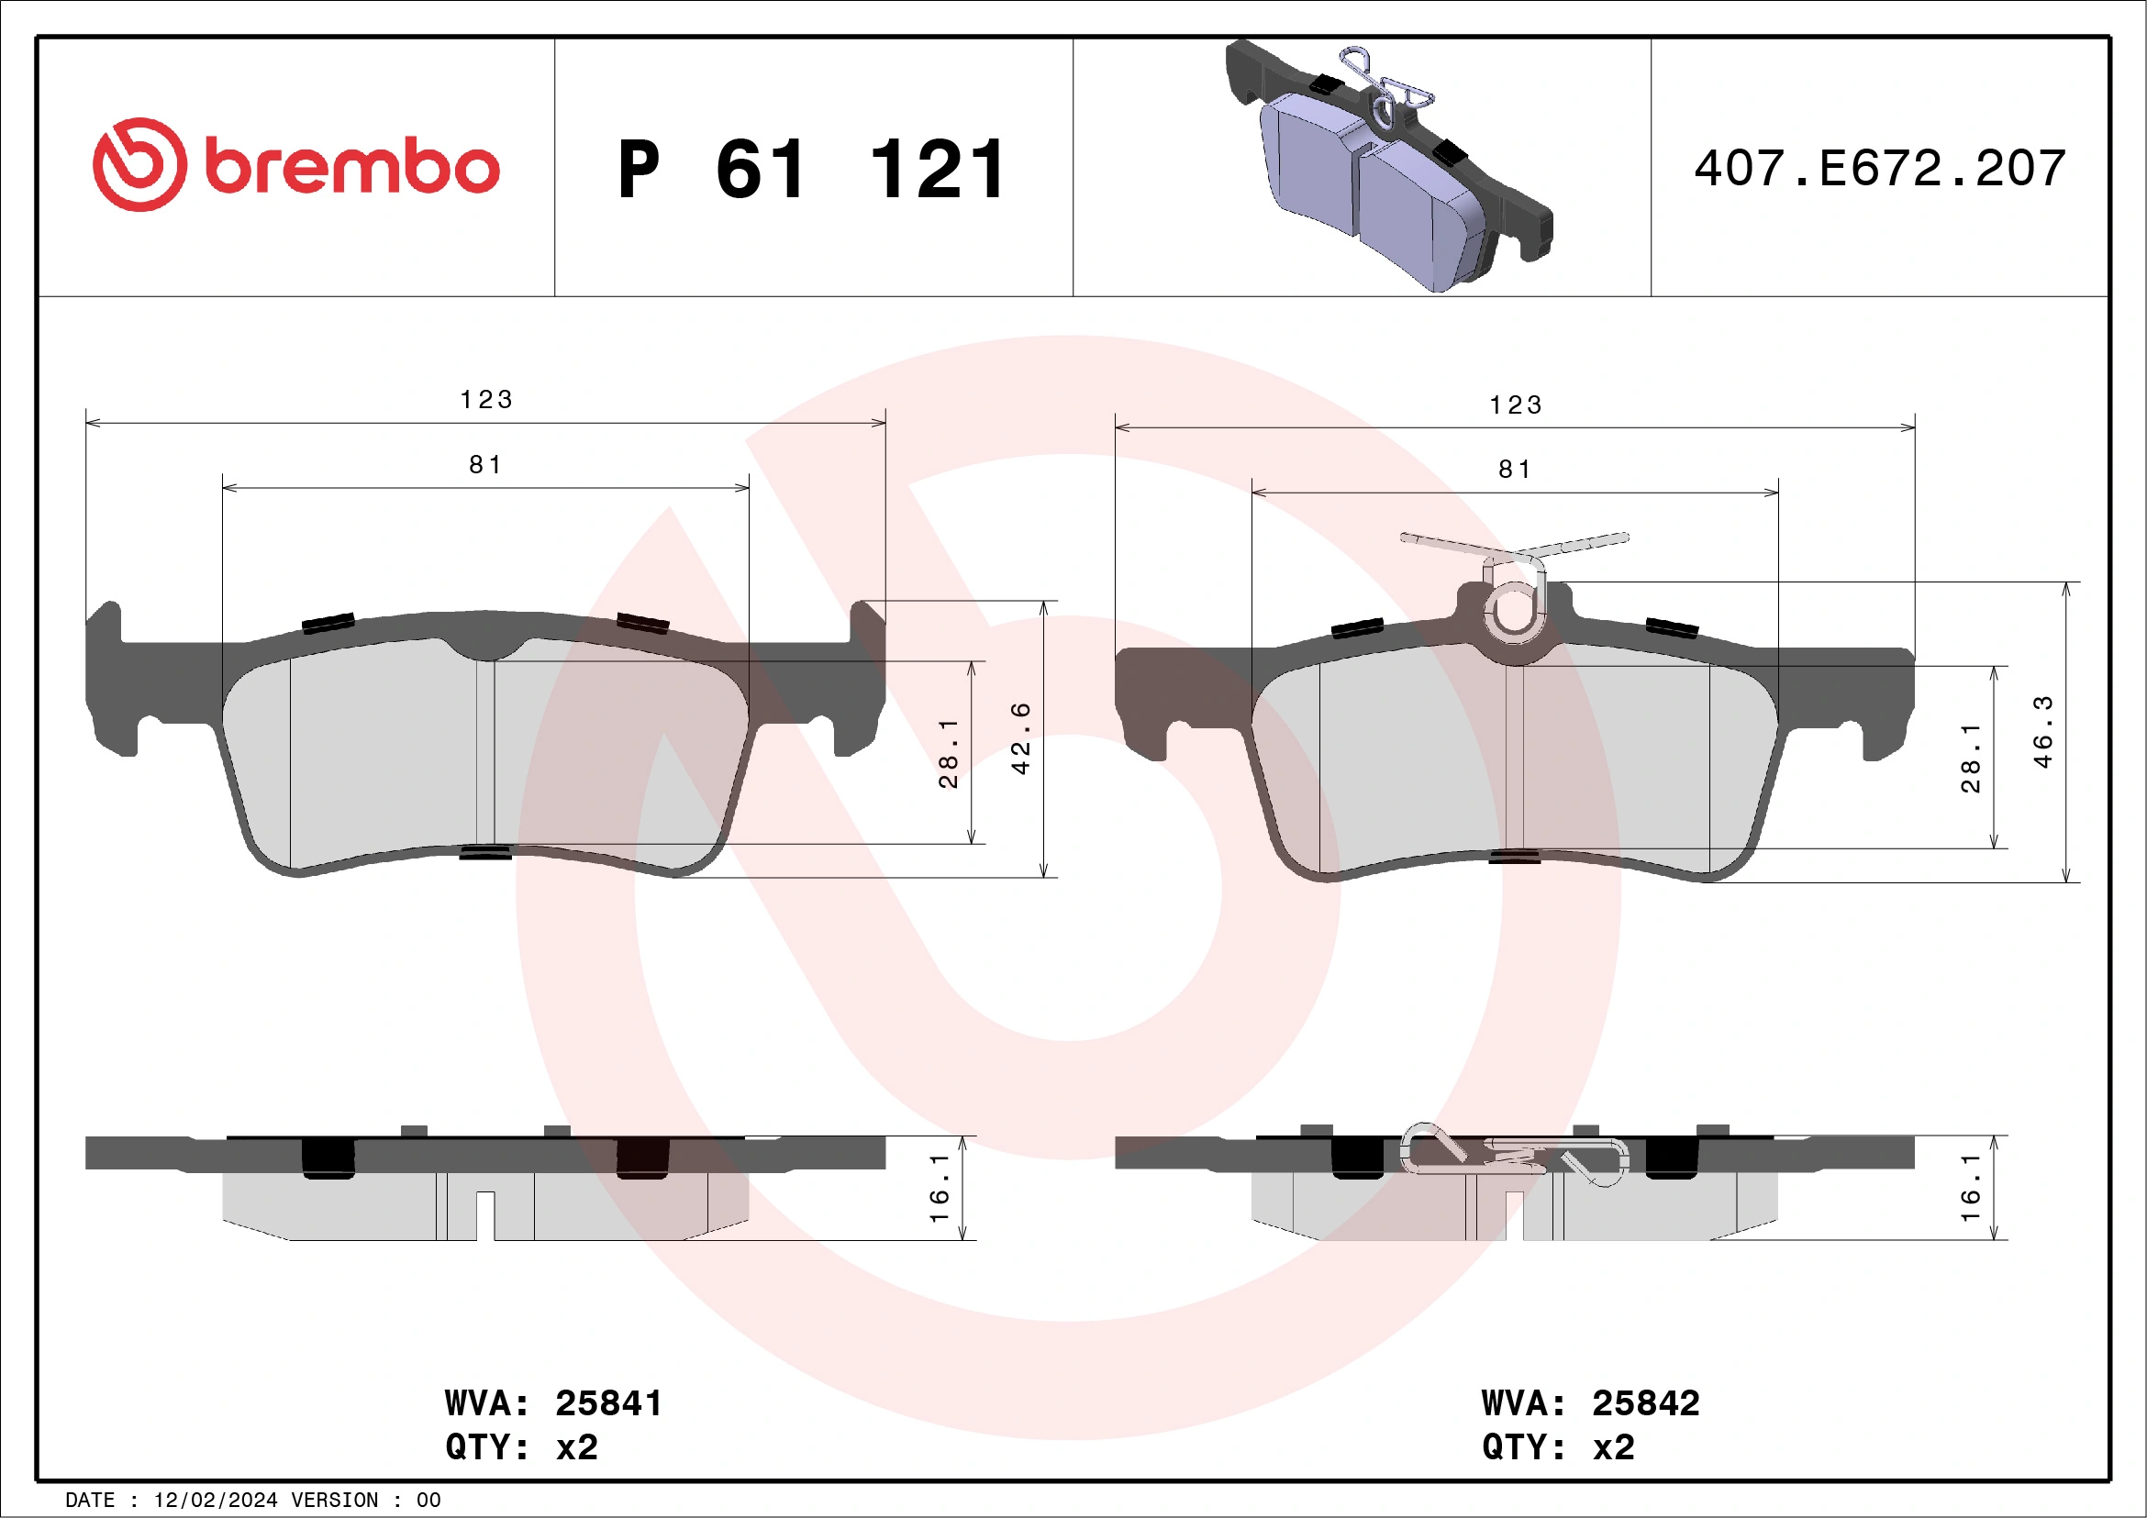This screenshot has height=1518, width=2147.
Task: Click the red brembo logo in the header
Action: tap(295, 166)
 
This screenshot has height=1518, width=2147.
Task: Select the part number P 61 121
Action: tap(812, 170)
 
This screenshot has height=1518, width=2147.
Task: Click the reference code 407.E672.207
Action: tap(1880, 169)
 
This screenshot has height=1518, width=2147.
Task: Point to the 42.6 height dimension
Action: tap(1022, 738)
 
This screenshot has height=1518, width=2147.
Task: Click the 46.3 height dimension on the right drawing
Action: tap(2044, 732)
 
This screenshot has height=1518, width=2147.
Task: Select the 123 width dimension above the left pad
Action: tap(486, 400)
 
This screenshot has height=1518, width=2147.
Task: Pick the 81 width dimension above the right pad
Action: tap(1515, 470)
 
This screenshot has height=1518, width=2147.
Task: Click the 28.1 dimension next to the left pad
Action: tap(948, 753)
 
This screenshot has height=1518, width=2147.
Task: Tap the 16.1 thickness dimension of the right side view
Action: tap(1971, 1187)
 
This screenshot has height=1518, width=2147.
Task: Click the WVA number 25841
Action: tap(607, 1403)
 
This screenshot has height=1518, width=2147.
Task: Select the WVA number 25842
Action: tap(1646, 1403)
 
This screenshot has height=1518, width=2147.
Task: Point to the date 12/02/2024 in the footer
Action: tap(215, 1501)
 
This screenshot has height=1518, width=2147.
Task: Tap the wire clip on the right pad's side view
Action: tap(1515, 1155)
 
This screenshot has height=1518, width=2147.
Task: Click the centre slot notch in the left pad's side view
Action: tap(484, 1215)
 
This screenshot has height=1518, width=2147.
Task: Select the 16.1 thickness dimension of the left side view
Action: tap(940, 1187)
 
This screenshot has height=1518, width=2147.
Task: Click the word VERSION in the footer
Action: tap(335, 1501)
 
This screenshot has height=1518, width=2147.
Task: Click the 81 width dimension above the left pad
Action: tap(485, 464)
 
